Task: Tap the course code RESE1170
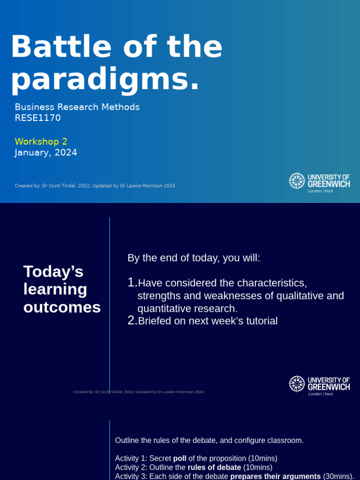(38, 118)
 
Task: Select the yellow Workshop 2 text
(41, 142)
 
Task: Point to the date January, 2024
(46, 153)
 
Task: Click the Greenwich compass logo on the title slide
(297, 181)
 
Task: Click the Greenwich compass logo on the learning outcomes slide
(297, 383)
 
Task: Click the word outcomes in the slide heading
(62, 307)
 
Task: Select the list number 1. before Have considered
(132, 283)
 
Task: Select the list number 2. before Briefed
(132, 321)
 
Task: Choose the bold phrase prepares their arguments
(275, 476)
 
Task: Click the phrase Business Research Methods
(77, 107)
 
